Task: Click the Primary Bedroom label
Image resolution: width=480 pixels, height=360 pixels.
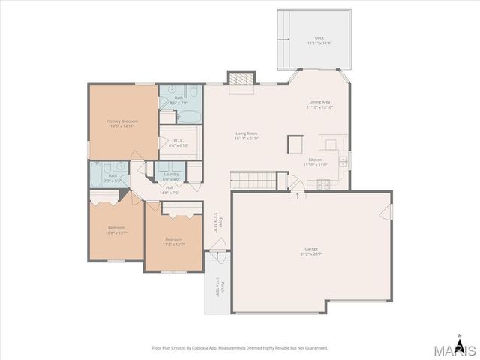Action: [x=121, y=124]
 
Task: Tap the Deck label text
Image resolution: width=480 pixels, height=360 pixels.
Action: [x=319, y=40]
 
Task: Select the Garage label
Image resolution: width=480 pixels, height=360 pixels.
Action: [x=311, y=250]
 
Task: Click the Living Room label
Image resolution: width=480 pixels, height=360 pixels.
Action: [x=246, y=136]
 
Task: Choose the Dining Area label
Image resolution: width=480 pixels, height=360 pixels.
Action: [x=319, y=104]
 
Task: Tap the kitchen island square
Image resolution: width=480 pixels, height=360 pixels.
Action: [x=295, y=143]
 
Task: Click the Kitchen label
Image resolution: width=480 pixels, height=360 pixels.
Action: [x=315, y=162]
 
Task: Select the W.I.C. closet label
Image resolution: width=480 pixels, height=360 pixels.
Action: [x=178, y=142]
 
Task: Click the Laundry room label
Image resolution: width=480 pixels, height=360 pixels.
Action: [x=171, y=176]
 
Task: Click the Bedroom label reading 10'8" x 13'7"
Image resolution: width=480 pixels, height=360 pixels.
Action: [x=116, y=229]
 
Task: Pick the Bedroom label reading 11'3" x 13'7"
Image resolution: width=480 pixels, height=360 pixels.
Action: [x=172, y=241]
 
